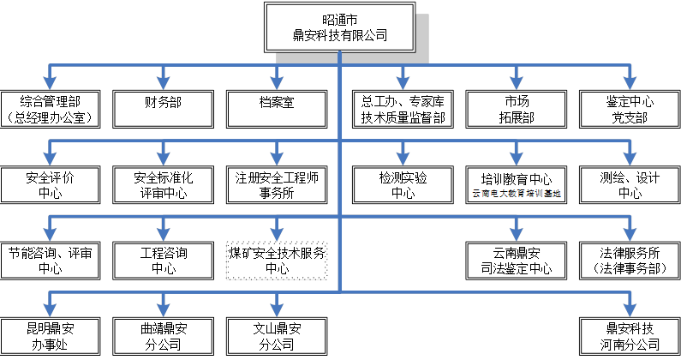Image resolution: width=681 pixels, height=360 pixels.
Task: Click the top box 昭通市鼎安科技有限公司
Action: point(340,27)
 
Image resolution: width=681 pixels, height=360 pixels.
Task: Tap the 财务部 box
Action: point(163,109)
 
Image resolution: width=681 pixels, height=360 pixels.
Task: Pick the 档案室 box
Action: point(277,109)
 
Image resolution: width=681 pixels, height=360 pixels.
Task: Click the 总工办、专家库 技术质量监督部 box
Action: point(403,109)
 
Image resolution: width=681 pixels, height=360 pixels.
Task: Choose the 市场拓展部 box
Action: point(517,109)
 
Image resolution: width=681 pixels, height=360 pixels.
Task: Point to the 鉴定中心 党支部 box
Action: point(630,109)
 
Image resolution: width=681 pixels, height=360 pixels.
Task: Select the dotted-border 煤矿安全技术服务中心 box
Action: point(277,261)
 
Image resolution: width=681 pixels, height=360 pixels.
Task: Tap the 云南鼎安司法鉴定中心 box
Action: point(517,261)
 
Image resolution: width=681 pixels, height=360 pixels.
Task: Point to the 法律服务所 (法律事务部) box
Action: point(630,261)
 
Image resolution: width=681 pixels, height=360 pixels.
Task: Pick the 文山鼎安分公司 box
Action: point(277,336)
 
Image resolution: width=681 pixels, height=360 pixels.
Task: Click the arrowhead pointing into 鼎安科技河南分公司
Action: point(630,311)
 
